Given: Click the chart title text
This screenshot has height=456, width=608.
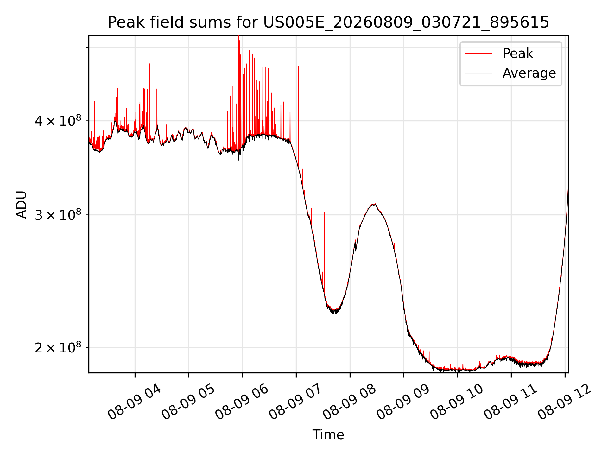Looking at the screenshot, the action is pos(328,22).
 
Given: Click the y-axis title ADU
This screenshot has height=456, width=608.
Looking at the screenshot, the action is pos(22,204).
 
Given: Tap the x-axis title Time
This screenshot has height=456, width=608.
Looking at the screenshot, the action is pos(328,434).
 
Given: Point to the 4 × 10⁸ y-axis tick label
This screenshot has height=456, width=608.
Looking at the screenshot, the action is pos(58,121).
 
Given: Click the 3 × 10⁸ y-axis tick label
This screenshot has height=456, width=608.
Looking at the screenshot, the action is pos(58,215).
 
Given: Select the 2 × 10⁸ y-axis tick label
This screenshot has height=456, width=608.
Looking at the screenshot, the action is pos(58,348).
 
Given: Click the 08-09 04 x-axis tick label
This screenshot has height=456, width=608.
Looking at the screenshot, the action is pos(135,402).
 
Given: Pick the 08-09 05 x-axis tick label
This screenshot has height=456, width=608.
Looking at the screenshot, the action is pos(188,402).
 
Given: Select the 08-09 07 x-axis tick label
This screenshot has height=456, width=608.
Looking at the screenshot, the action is pos(296,402).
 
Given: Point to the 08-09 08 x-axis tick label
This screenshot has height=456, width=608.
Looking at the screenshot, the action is pos(350,402).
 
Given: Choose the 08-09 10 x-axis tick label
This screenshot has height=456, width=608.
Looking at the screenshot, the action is pos(457,402).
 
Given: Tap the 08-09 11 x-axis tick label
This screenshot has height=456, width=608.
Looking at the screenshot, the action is pos(511,402).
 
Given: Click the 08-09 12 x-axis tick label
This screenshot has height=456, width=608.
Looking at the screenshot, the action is pos(565,402).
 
